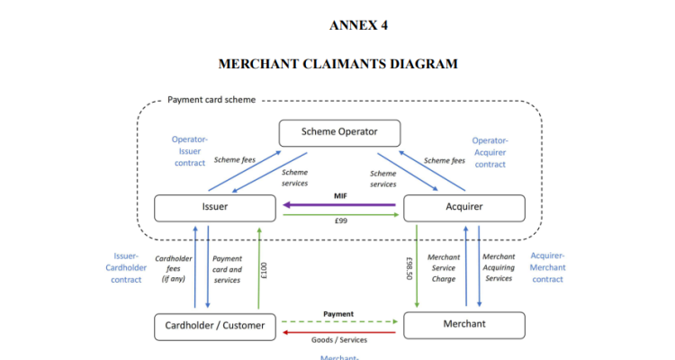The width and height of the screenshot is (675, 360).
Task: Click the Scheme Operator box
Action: tap(338, 133)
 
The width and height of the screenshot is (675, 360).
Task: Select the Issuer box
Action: tap(214, 208)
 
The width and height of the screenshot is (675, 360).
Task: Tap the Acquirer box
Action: tap(463, 208)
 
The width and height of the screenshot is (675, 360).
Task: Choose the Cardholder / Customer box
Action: tap(214, 325)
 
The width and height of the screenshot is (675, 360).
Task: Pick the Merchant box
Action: tap(463, 324)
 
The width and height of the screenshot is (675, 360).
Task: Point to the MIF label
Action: tap(340, 195)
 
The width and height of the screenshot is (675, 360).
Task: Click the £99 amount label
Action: tap(340, 220)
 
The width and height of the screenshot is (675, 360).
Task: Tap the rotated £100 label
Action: tap(265, 270)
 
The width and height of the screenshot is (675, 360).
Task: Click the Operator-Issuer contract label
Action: tap(190, 151)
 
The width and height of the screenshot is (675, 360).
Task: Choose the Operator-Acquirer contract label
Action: tap(490, 152)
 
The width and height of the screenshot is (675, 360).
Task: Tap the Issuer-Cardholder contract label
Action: tap(126, 267)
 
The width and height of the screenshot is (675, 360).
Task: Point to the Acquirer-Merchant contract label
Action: tap(547, 267)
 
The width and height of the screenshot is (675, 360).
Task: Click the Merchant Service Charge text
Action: tap(444, 268)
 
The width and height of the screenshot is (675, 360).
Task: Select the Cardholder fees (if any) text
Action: tap(174, 268)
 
